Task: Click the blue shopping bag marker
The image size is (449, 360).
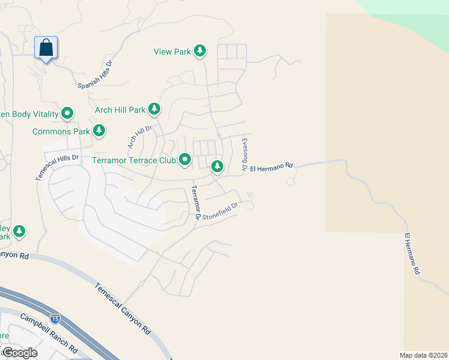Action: [x=46, y=48]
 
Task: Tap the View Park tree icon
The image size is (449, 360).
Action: [x=200, y=52]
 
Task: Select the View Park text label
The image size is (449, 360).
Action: [x=172, y=52]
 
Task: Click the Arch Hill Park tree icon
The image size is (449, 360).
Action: [x=155, y=109]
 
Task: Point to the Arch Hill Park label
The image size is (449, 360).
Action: [x=120, y=110]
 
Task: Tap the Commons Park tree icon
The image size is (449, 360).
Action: [x=99, y=130]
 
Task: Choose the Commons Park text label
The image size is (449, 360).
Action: [x=61, y=131]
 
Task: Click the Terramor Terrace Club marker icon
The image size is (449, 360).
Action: [x=185, y=160]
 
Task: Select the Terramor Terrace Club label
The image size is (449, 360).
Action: [x=134, y=160]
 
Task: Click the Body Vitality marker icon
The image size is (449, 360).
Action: [x=68, y=113]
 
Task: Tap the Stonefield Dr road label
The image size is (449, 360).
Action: [x=220, y=211]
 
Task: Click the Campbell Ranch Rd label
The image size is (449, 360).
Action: [x=49, y=332]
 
